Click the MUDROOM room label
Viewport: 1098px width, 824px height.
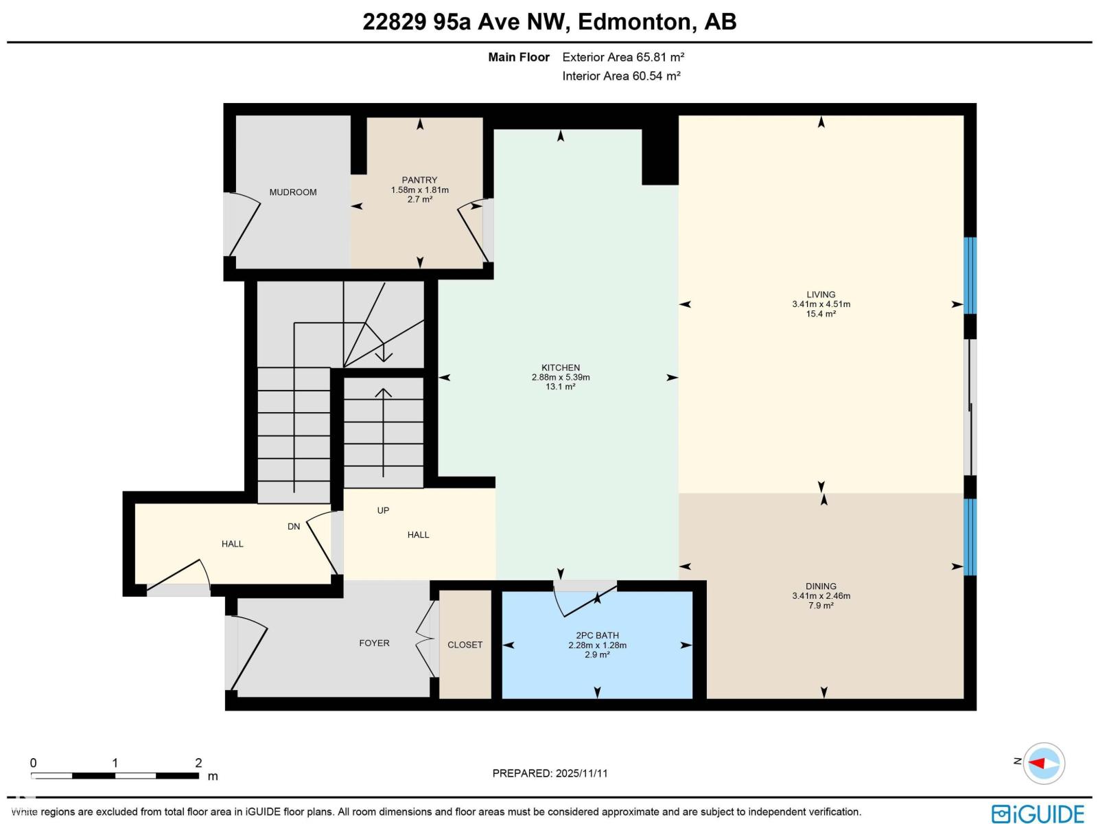293,192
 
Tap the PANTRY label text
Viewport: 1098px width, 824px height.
419,180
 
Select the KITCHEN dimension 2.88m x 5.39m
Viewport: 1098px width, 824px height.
561,377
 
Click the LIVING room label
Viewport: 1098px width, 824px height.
821,295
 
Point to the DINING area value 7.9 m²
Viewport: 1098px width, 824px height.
821,606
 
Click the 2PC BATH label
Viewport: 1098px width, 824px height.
597,635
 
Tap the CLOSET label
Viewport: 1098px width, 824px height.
465,645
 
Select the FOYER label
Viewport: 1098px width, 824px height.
374,643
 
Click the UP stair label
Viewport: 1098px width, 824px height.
383,510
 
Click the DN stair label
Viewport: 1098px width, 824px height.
294,527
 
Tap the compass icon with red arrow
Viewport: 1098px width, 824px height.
1044,763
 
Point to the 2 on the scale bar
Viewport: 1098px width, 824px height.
198,763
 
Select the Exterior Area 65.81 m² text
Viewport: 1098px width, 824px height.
623,57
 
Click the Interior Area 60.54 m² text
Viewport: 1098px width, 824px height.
621,76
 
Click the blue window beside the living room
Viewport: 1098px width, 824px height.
970,275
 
